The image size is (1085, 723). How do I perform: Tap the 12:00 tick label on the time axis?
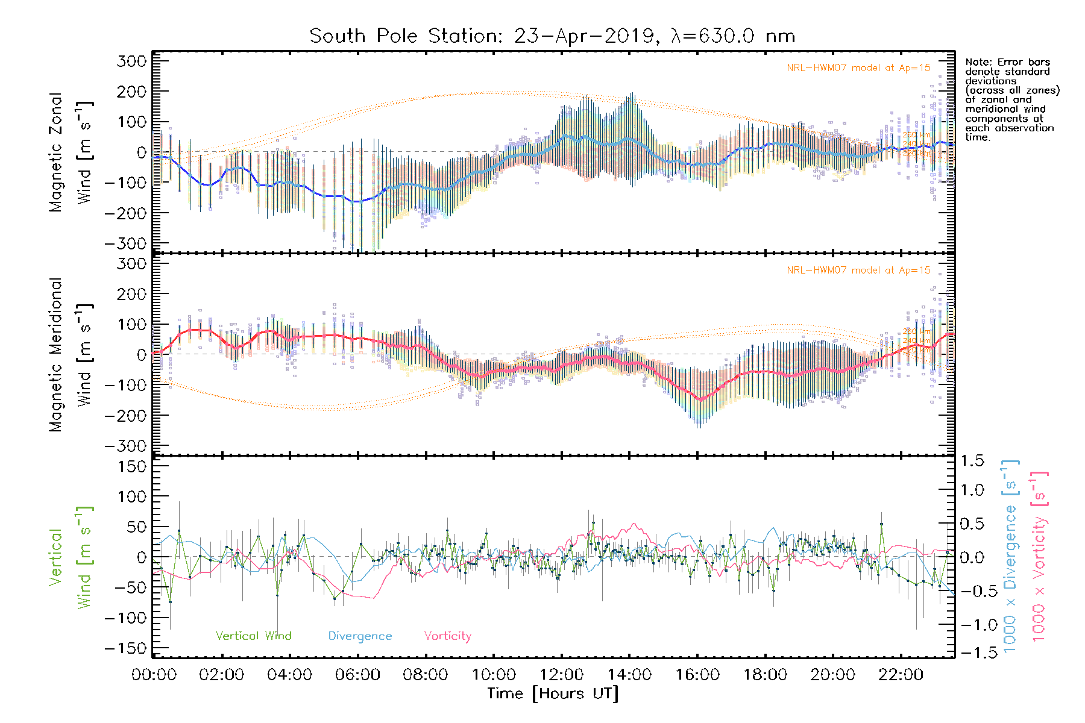point(561,675)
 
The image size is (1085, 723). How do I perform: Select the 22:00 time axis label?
point(901,675)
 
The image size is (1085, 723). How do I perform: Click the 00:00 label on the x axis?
point(154,675)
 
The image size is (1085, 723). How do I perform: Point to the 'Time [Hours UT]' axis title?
point(553,693)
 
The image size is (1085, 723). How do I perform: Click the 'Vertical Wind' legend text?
point(253,636)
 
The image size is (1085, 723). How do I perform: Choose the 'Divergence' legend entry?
point(360,636)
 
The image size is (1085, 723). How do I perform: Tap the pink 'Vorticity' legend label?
point(447,636)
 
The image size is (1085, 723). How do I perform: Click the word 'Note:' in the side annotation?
point(978,62)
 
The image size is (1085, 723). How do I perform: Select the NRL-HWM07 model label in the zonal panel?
point(858,67)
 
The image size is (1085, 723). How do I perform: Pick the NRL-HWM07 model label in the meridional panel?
point(858,271)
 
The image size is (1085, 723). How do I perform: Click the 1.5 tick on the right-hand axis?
point(972,461)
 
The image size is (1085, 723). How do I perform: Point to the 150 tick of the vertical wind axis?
point(132,466)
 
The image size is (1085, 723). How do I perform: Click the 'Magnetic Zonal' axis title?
point(56,152)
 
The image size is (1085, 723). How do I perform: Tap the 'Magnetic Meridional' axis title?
point(56,355)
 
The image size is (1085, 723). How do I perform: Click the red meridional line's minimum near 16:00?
point(700,399)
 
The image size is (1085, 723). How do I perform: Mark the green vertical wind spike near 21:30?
point(881,524)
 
